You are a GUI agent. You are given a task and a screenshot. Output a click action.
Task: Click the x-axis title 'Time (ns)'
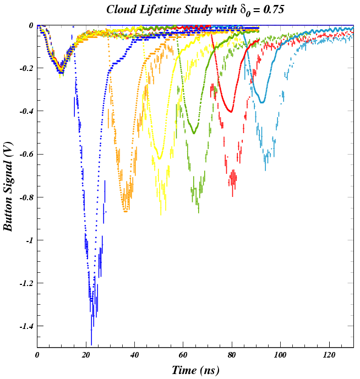point(195,370)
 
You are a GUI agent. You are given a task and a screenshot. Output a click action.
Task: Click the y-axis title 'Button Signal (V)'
point(9,186)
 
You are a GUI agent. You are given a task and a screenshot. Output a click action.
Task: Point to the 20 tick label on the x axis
point(86,355)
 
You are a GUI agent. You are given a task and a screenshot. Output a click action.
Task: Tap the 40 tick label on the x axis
point(134,355)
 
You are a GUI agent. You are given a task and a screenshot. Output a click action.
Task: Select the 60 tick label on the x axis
point(183,355)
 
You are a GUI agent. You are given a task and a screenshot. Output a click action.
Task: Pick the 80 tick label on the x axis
point(232,355)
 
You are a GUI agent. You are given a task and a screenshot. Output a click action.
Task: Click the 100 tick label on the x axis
point(280,355)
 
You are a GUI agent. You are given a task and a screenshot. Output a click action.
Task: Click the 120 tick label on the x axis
point(329,355)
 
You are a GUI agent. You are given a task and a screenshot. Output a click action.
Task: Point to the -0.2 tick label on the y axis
point(26,68)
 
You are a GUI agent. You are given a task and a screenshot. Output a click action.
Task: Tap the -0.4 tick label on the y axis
point(26,111)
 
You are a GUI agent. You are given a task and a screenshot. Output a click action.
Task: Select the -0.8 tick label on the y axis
point(26,197)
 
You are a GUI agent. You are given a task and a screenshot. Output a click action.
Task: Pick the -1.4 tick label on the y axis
point(26,326)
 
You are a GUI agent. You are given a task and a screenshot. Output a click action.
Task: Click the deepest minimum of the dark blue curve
point(91,300)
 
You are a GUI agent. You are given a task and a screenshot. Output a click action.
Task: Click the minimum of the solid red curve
point(231,112)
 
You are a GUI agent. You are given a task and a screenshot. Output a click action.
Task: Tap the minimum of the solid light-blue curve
point(262,102)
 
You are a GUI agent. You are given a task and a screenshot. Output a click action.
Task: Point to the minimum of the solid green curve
point(194,133)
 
